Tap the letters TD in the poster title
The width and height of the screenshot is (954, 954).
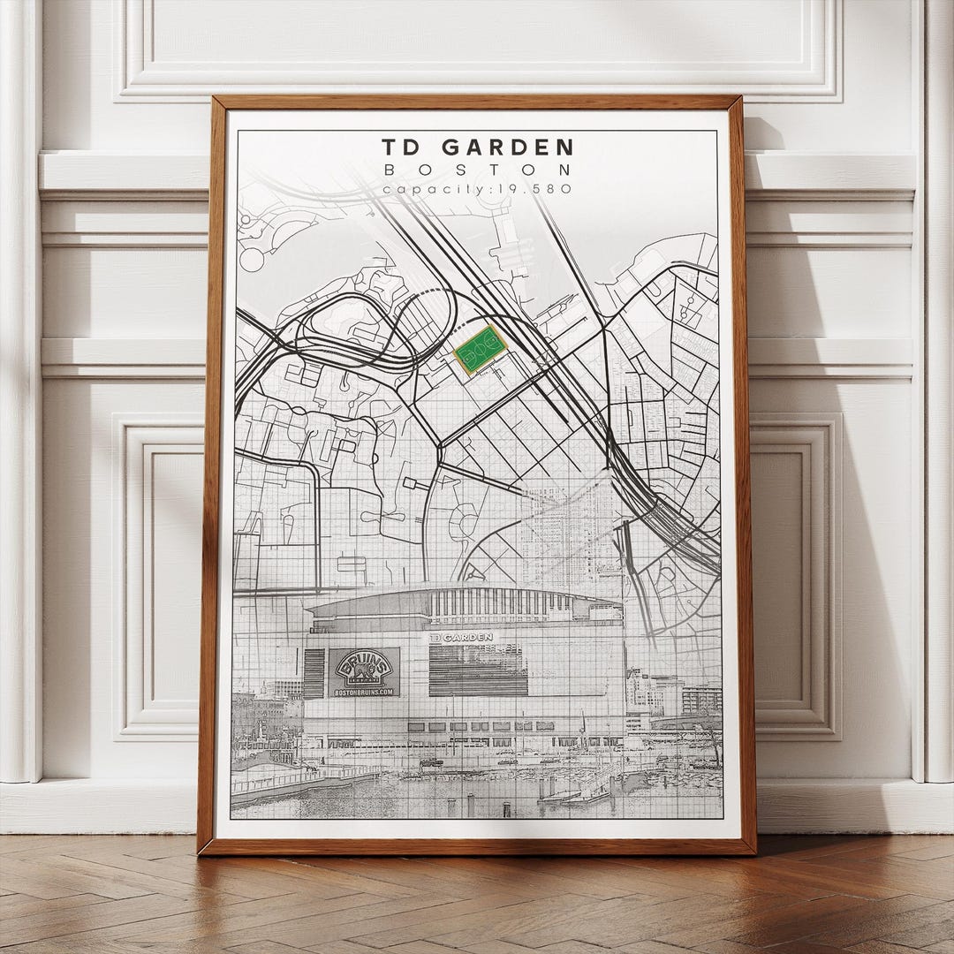tap(401, 147)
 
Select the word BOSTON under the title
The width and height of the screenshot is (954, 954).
tap(478, 169)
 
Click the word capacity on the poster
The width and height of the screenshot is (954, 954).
tap(415, 188)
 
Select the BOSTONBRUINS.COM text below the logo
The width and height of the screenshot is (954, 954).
tap(364, 692)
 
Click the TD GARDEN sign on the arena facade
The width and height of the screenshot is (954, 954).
tap(461, 636)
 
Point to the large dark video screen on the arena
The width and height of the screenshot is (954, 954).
tap(477, 669)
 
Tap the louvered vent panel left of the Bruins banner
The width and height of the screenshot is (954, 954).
tap(314, 673)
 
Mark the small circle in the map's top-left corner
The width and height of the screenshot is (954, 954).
tap(252, 259)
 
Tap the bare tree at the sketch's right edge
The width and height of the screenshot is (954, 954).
tap(714, 742)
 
